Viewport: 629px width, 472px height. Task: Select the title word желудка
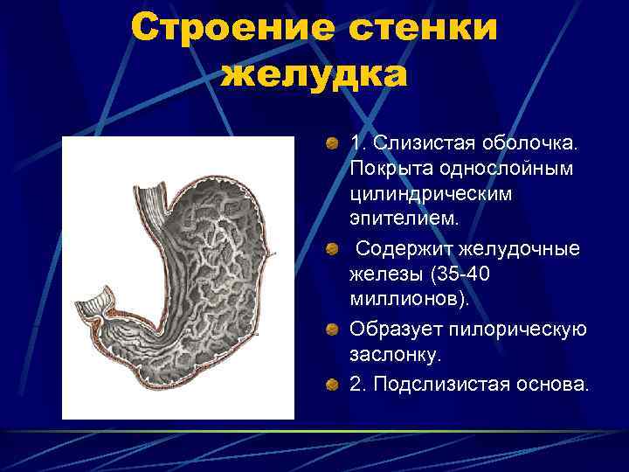click(314, 74)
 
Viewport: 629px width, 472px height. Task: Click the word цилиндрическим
click(432, 191)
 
